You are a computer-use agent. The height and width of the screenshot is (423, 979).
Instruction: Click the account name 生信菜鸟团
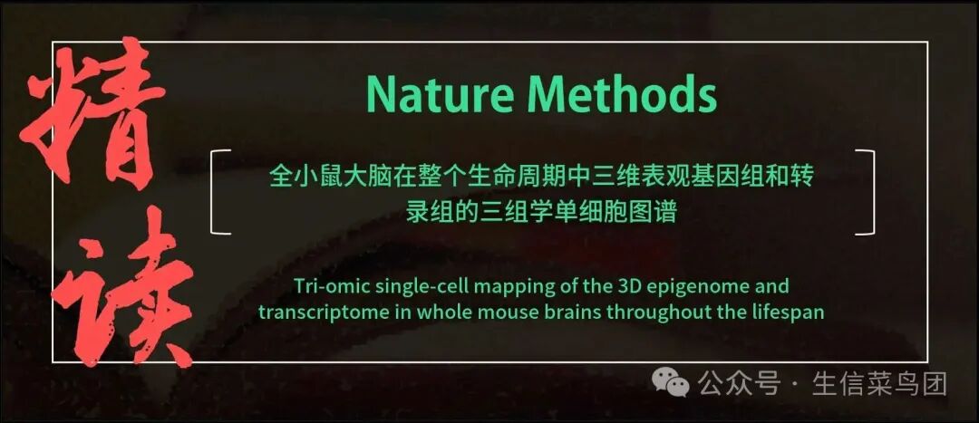pos(879,384)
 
